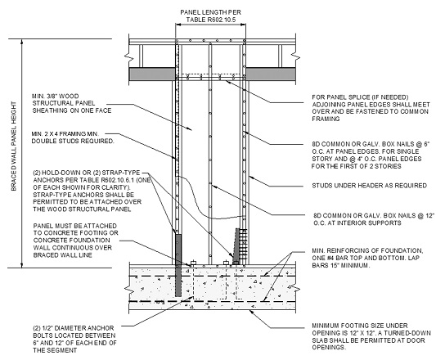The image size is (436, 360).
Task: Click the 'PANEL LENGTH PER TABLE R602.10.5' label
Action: (x=210, y=16)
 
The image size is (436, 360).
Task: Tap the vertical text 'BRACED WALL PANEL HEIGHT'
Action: (x=14, y=146)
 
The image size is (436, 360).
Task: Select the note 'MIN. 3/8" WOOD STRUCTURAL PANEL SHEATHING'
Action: (x=72, y=103)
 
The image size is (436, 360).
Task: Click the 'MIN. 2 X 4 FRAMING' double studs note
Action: (x=73, y=137)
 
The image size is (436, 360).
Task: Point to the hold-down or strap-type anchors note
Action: (x=91, y=191)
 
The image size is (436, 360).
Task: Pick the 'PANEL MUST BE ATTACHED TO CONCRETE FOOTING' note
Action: (x=75, y=241)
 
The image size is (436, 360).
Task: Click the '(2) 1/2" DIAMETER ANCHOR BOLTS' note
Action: (x=74, y=339)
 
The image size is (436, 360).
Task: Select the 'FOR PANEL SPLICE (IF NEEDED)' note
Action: (x=371, y=108)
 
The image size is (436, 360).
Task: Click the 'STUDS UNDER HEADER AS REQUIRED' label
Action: (x=369, y=186)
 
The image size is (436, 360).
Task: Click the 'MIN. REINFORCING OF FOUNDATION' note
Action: (x=367, y=258)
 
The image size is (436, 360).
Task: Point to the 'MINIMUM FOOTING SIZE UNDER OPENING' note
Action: (x=371, y=336)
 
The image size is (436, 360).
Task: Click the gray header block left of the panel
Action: (x=152, y=74)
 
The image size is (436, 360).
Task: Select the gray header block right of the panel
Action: (x=270, y=74)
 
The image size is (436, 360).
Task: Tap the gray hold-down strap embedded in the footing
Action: (x=178, y=265)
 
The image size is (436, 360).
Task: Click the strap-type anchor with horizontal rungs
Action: (x=240, y=246)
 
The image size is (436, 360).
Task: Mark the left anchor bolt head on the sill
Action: (x=193, y=263)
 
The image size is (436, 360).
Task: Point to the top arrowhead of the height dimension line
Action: (x=22, y=42)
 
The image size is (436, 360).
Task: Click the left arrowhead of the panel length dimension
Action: (x=178, y=25)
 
